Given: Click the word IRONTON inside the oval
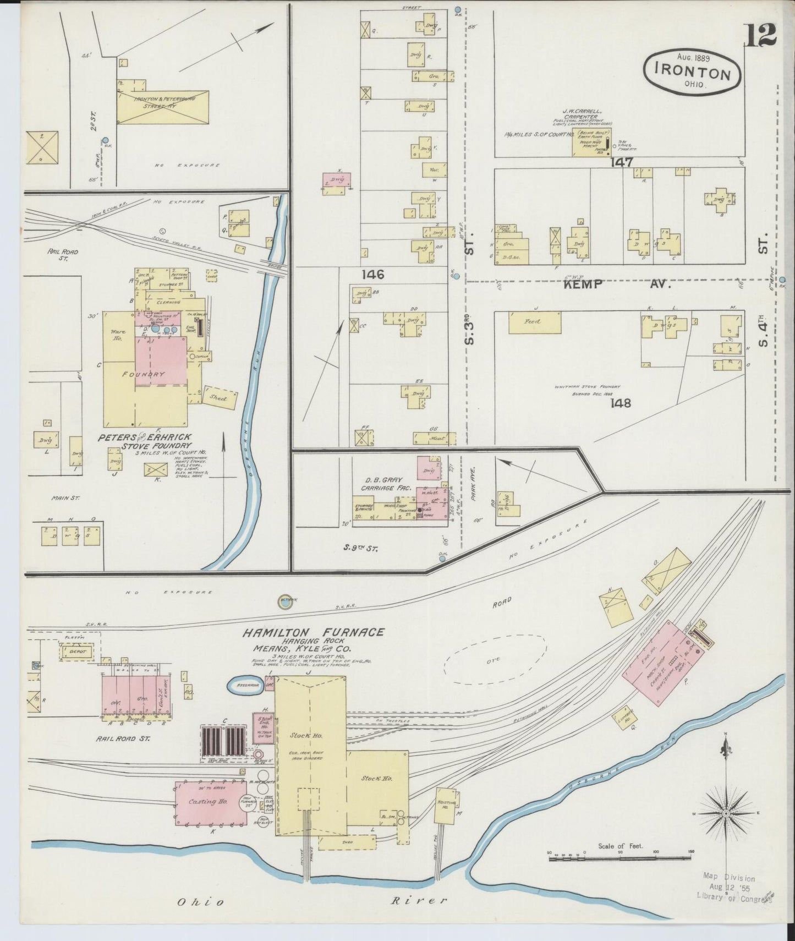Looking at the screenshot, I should point(693,74).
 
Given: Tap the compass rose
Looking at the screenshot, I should point(726,813).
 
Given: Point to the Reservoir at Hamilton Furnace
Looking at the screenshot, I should point(244,685).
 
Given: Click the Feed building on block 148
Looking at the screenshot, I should point(534,322).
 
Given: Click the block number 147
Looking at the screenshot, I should point(621,162).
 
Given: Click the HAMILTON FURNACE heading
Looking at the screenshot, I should point(313,632).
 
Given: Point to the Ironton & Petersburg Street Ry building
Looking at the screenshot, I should point(162,107).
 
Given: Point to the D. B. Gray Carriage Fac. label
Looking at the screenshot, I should point(382,484).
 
